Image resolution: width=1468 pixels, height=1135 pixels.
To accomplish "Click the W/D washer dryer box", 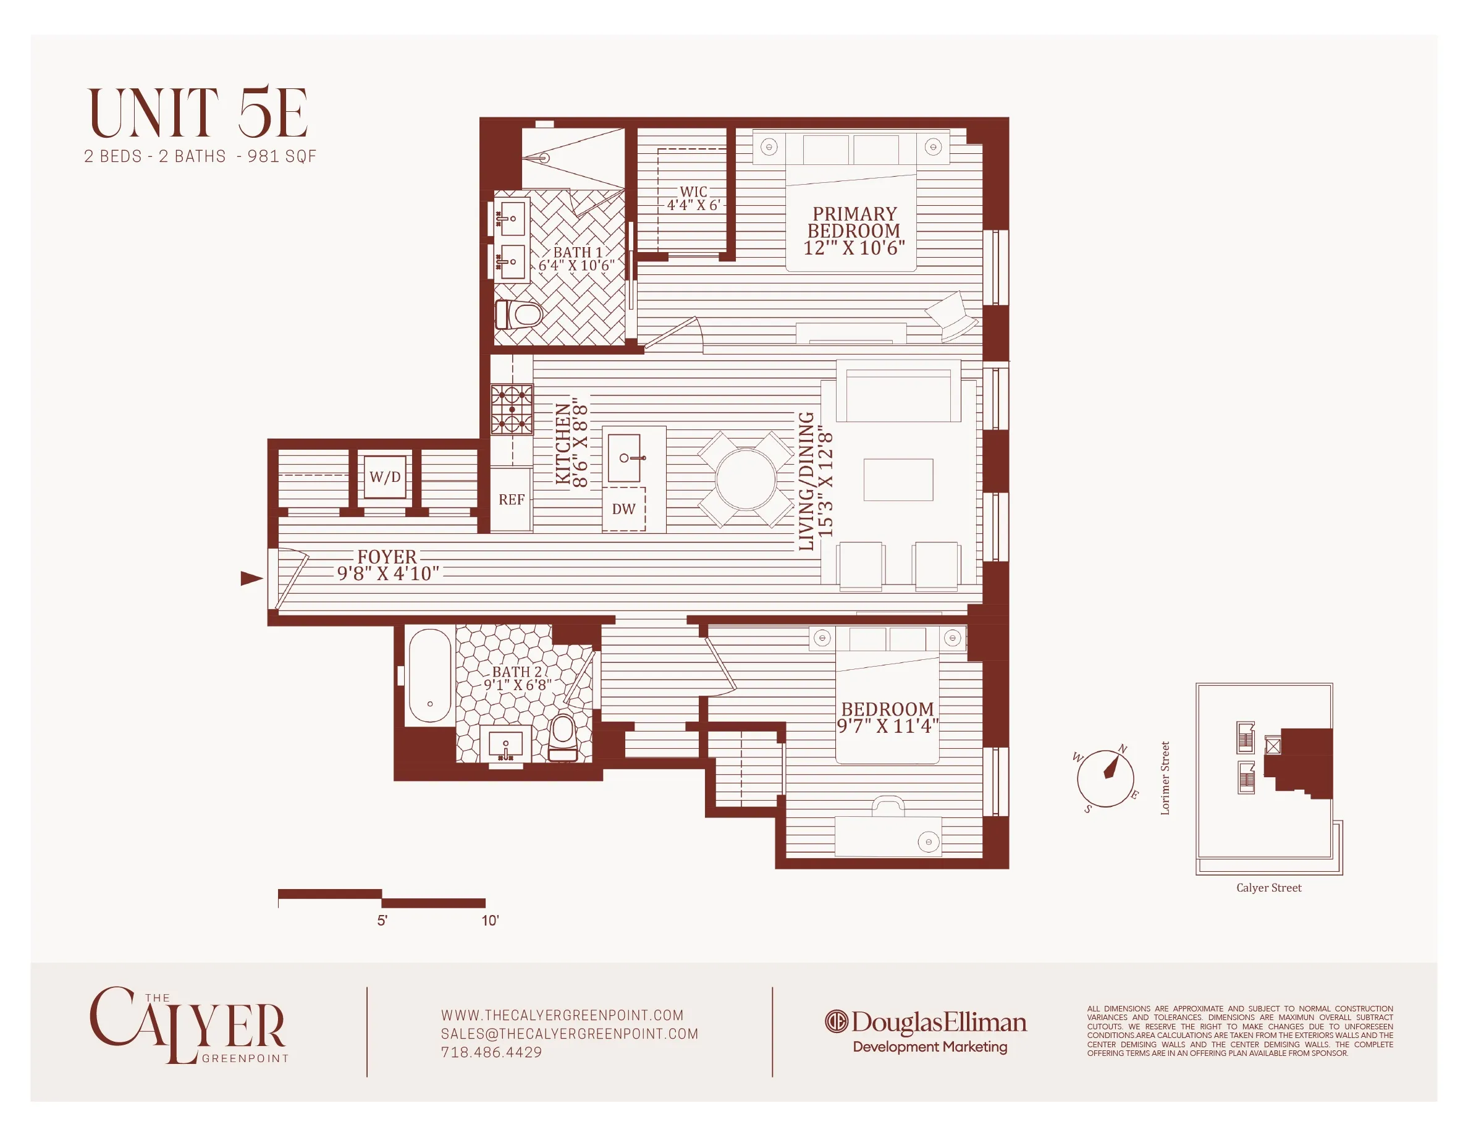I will (385, 476).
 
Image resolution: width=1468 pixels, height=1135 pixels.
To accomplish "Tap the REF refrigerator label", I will (512, 500).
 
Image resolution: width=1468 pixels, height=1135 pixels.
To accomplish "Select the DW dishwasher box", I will (624, 509).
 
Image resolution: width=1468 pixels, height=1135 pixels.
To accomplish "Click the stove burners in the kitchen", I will (512, 409).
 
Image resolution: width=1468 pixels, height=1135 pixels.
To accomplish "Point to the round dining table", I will (746, 479).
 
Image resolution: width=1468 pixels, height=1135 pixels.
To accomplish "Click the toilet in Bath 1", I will (519, 314).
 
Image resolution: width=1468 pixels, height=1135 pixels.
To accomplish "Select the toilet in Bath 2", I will (563, 737).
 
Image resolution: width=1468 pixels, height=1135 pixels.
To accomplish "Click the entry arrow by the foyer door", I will (251, 578).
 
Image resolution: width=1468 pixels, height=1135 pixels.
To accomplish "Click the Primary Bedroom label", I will (854, 230).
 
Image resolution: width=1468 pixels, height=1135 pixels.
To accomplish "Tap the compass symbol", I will (1105, 778).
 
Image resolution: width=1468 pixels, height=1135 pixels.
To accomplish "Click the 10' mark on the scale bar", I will (490, 921).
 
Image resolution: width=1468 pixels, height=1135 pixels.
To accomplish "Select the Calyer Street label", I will (1269, 888).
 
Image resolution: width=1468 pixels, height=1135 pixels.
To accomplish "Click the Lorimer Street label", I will (1165, 778).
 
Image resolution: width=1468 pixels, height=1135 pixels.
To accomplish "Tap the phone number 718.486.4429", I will (491, 1052).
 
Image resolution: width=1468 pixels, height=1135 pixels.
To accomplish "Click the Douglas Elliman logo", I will (926, 1023).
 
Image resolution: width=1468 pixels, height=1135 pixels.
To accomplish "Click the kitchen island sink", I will (625, 458).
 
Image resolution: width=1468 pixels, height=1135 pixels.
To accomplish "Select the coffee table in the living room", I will (898, 480).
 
